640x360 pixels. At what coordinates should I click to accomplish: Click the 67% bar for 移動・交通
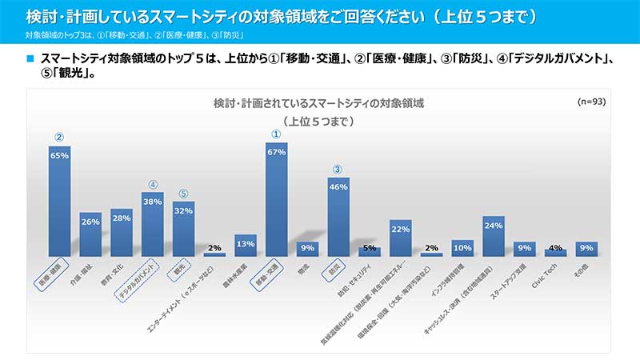[x=276, y=200]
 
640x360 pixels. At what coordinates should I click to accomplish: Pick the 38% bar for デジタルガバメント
[x=152, y=225]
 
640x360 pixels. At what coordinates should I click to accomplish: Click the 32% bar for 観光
[x=183, y=229]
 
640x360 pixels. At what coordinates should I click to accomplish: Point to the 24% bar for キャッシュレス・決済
[x=493, y=237]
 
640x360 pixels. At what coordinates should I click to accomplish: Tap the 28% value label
[x=121, y=218]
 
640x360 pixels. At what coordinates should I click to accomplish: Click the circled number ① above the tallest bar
[x=276, y=134]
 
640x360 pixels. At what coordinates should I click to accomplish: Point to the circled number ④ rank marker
[x=152, y=184]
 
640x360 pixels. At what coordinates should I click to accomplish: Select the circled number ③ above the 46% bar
[x=338, y=170]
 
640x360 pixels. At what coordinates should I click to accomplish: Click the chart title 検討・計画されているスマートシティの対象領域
[x=318, y=104]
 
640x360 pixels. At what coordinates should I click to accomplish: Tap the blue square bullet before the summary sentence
[x=30, y=58]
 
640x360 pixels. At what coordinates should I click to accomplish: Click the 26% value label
[x=90, y=222]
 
